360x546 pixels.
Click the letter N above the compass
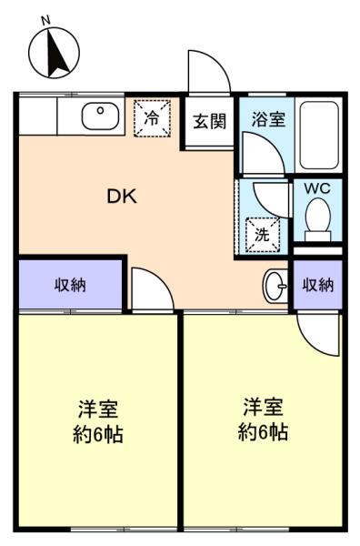(45, 21)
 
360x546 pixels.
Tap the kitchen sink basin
(101, 116)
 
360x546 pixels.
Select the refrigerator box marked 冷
(153, 117)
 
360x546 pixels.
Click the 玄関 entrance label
(210, 122)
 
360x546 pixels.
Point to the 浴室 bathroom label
(268, 119)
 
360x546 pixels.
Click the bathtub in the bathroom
(319, 136)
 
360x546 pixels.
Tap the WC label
(317, 188)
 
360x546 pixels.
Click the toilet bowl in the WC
(317, 219)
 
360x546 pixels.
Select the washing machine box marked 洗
(263, 235)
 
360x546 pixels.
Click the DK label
(122, 197)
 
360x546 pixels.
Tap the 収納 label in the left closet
(70, 285)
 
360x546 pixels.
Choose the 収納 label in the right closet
(318, 285)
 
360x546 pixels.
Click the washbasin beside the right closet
(275, 287)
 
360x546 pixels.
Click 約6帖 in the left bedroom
(98, 435)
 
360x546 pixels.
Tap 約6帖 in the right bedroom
(263, 432)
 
